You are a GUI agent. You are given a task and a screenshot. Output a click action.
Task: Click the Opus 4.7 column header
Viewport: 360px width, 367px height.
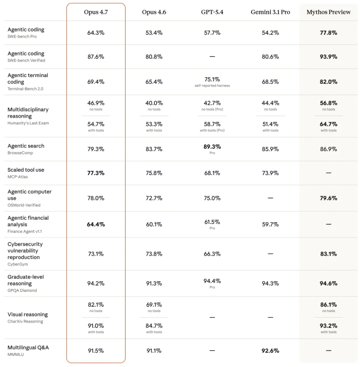(x=96, y=12)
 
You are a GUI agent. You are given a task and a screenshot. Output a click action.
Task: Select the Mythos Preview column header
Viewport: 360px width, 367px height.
(x=328, y=12)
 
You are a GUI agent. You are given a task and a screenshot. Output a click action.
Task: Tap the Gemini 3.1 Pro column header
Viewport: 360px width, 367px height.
(x=270, y=12)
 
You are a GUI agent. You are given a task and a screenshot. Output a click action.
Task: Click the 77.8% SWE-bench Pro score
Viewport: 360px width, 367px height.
(x=328, y=33)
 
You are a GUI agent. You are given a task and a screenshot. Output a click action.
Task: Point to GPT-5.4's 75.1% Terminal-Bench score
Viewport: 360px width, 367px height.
(x=212, y=79)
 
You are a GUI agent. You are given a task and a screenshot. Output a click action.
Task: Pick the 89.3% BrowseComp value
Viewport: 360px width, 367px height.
(x=212, y=147)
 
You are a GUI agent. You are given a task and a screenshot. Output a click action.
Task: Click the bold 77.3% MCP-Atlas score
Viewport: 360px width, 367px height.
(x=96, y=173)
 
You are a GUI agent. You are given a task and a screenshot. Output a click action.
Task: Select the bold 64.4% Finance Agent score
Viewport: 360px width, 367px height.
(x=96, y=224)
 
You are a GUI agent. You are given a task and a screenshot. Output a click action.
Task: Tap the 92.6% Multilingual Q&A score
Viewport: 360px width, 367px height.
(x=270, y=351)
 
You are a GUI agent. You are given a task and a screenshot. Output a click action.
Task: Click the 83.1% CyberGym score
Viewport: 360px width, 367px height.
(x=328, y=254)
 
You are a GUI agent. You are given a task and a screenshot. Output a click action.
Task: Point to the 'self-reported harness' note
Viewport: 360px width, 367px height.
(x=212, y=86)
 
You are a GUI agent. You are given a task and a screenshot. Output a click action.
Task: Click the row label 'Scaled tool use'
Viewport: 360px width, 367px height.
(x=26, y=170)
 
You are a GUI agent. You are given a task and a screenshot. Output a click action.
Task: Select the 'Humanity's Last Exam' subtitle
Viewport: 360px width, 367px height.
(x=28, y=123)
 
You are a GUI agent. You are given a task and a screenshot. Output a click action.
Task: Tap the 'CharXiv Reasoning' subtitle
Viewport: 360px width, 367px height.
(x=25, y=321)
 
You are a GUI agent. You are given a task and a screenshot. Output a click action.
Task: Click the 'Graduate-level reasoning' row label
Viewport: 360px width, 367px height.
(x=26, y=280)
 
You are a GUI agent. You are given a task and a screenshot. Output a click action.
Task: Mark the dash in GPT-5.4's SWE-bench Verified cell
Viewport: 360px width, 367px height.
(x=212, y=57)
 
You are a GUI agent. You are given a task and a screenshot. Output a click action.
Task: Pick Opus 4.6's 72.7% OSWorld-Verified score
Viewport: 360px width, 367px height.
(x=154, y=198)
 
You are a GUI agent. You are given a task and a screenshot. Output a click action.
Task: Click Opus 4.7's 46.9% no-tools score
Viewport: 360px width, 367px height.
(x=96, y=103)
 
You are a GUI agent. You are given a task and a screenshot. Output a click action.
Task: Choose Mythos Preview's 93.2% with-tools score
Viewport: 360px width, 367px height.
(x=328, y=326)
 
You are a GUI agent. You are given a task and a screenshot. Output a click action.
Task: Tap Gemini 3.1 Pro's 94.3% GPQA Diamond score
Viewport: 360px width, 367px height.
(x=270, y=283)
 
